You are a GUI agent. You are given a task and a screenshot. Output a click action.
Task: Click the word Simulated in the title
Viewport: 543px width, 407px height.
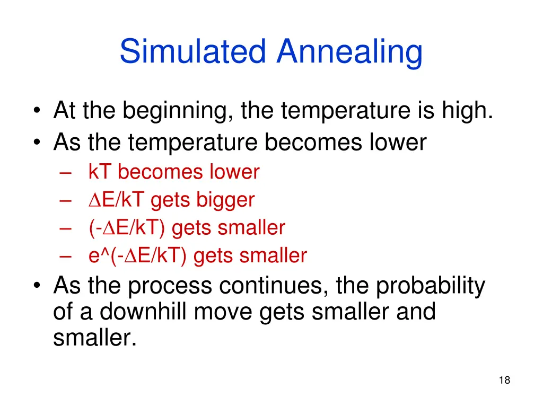[x=192, y=52]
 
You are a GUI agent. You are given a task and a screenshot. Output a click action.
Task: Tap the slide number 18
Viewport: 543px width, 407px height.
[x=504, y=380]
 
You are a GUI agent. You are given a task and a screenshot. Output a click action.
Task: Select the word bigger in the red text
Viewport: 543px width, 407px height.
[x=225, y=200]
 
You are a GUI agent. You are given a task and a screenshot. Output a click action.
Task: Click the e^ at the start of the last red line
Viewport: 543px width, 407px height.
[x=94, y=256]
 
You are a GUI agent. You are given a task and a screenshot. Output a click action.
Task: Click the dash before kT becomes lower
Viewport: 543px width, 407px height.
[x=65, y=173]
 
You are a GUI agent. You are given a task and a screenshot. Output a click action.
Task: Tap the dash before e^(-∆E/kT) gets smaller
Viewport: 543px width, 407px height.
[x=65, y=256]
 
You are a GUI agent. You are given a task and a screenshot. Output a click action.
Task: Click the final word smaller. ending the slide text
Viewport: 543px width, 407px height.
[x=95, y=337]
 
